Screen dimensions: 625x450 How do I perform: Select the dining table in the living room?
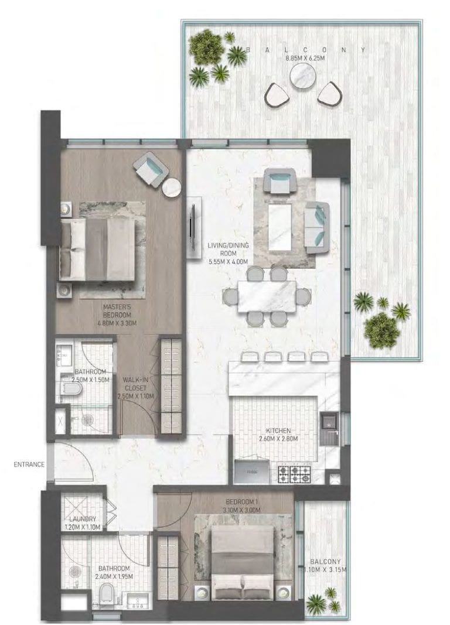click(267, 295)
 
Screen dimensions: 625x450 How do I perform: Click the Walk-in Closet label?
click(135, 387)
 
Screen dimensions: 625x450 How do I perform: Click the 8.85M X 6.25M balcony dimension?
click(304, 58)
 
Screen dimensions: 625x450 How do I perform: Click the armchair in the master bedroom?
click(150, 168)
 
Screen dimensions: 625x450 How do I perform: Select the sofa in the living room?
click(317, 227)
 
